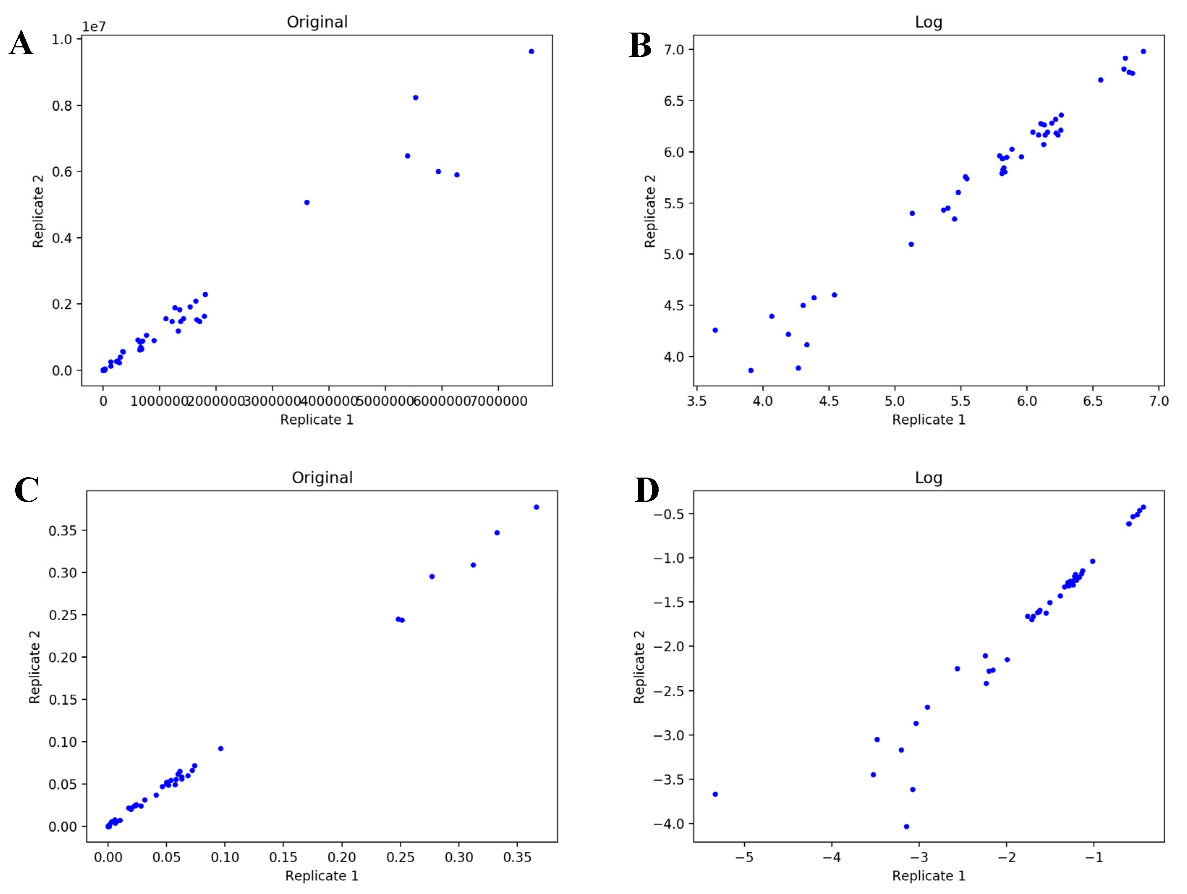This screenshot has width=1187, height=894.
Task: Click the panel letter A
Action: click(x=21, y=43)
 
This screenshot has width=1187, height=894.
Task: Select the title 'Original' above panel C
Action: click(x=322, y=477)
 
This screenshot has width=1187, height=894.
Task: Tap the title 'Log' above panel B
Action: click(x=928, y=22)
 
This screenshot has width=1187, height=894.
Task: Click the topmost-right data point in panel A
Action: click(x=531, y=51)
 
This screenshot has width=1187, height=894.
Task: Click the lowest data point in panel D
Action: click(x=906, y=826)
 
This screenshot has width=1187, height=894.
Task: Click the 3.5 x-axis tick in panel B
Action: click(x=697, y=401)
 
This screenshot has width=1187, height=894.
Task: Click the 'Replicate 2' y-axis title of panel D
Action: click(x=639, y=667)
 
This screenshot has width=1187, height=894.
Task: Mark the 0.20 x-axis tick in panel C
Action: click(x=341, y=857)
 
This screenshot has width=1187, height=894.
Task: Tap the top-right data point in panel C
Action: click(x=536, y=507)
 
